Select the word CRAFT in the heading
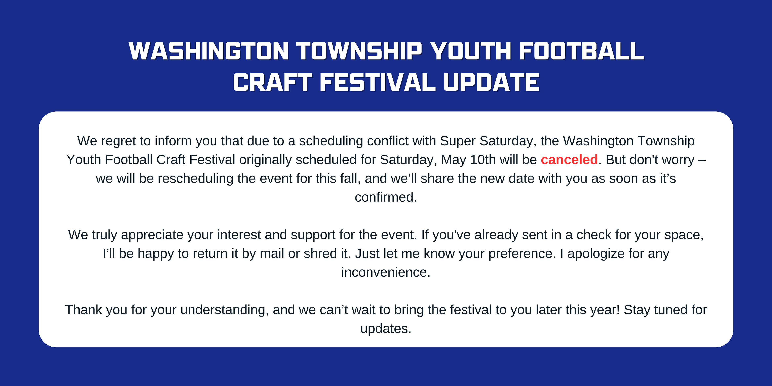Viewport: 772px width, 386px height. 272,82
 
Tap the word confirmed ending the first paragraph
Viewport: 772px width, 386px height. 385,197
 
